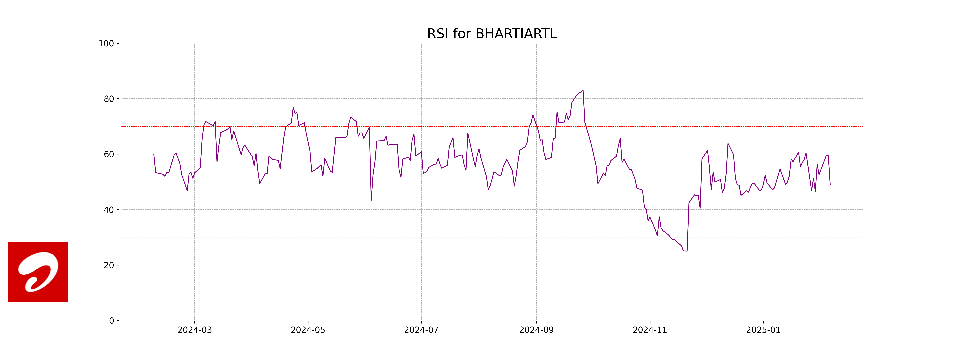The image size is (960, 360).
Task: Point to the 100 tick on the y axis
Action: tap(106, 44)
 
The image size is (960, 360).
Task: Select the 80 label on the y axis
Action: tap(109, 99)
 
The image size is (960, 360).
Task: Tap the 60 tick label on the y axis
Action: tap(109, 154)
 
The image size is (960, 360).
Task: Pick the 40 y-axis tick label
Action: tap(109, 210)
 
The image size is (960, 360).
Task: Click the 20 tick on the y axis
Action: tap(109, 265)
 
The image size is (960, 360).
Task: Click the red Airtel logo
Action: tap(38, 272)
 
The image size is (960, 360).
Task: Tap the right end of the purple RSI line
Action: tap(830, 184)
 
